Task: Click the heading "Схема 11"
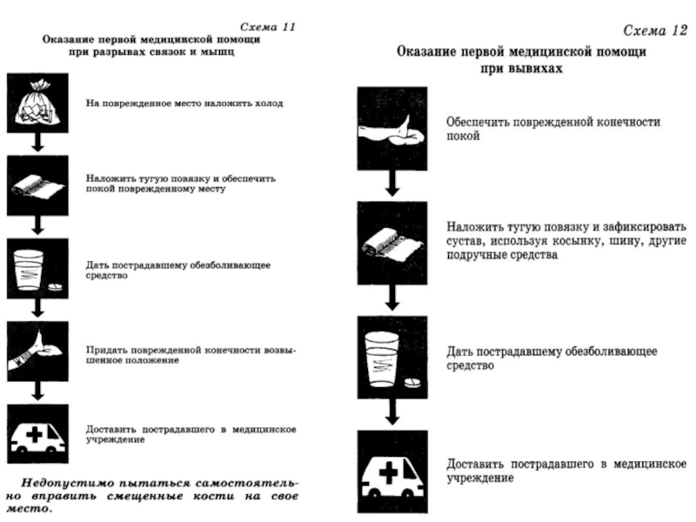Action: click(267, 27)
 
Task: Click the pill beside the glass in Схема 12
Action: click(412, 383)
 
